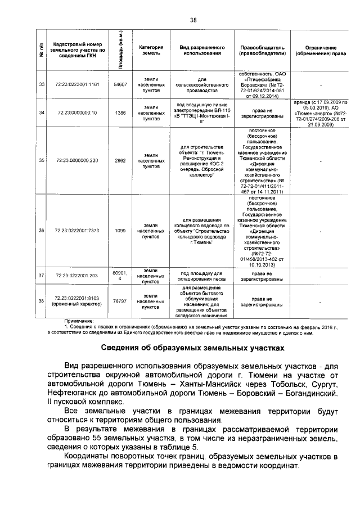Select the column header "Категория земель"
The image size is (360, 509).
click(151, 49)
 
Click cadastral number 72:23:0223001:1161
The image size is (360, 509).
click(77, 84)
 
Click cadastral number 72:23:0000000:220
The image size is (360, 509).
click(77, 160)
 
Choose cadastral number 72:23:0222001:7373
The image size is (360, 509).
click(77, 231)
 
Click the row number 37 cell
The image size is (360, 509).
click(41, 276)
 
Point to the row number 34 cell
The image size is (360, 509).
click(41, 113)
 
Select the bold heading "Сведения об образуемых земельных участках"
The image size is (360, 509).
click(192, 347)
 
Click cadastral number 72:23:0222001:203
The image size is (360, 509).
click(77, 276)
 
